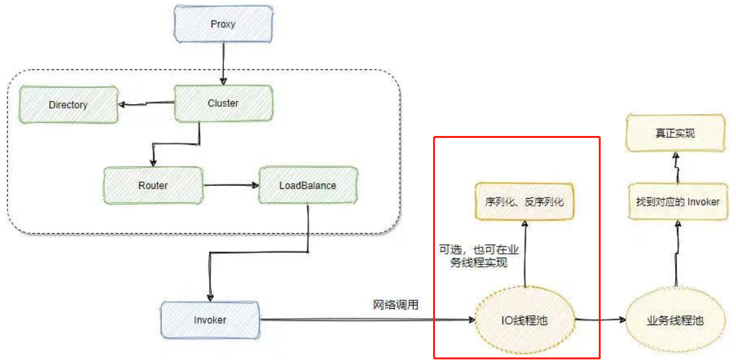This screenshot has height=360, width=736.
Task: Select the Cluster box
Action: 223,104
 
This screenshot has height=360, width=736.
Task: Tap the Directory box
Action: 68,104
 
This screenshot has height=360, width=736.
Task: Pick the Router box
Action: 153,186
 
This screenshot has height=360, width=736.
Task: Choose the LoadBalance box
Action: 307,186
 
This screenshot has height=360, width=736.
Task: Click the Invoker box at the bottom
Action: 210,320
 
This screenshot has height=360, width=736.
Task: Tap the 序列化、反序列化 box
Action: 524,202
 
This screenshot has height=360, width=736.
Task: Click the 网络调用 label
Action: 395,305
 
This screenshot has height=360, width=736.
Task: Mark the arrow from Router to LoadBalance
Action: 230,186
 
